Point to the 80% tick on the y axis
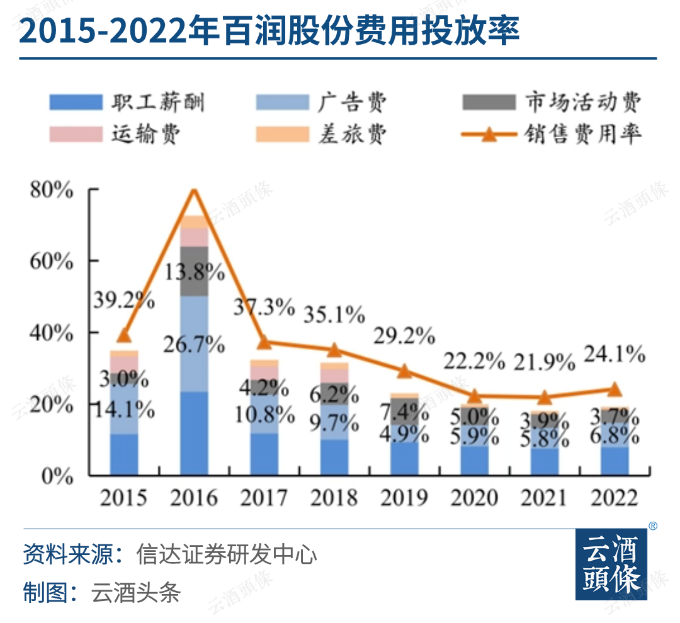(52, 190)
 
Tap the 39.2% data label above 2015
(125, 301)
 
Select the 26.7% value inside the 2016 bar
(195, 345)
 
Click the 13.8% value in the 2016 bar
(195, 272)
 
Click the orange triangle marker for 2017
(264, 342)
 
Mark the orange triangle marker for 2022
(616, 389)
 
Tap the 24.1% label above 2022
(615, 355)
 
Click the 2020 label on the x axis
(475, 498)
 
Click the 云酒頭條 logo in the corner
(611, 564)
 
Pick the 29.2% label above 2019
(405, 336)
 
